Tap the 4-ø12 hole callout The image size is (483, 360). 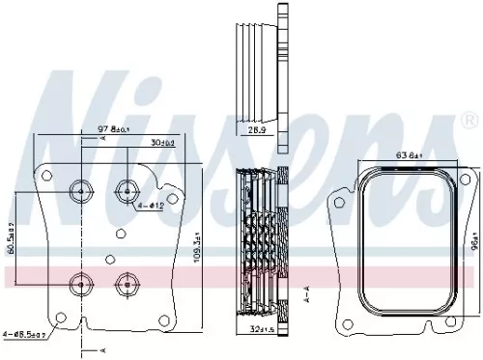click(151, 206)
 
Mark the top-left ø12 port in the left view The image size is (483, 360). click(77, 189)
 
